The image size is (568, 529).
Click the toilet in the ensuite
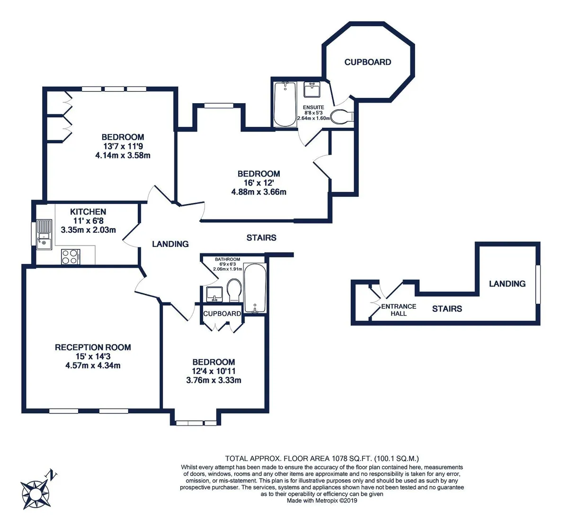[342, 117]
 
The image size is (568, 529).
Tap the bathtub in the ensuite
[284, 105]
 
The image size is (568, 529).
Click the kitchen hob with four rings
[71, 257]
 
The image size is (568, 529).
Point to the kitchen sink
[44, 234]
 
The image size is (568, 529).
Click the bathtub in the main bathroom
[255, 288]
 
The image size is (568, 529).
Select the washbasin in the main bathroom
[214, 294]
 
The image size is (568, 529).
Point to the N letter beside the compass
[52, 475]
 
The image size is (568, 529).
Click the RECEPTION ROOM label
[93, 347]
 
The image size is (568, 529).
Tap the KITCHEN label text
[88, 212]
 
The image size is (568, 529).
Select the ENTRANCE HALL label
[399, 310]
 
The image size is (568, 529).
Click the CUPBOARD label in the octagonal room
[368, 62]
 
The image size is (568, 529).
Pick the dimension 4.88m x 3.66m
[259, 192]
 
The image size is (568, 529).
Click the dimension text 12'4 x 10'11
[213, 371]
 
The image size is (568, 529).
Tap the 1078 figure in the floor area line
[339, 458]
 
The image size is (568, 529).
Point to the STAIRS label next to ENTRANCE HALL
[447, 309]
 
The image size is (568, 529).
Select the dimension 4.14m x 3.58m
[123, 156]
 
